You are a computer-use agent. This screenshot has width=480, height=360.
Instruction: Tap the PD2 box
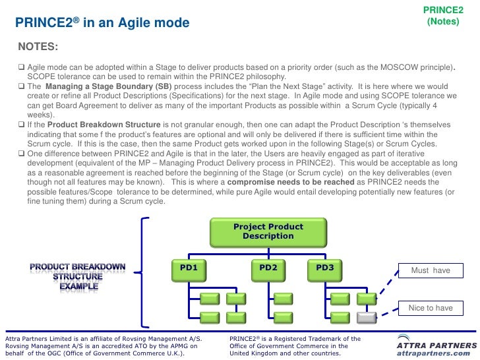(268, 268)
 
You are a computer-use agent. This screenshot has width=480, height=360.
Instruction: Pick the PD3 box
(324, 268)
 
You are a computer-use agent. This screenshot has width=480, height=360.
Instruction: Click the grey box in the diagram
(367, 317)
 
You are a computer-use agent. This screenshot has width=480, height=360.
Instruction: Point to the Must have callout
(431, 270)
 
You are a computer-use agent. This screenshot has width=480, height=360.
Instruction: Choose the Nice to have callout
(431, 308)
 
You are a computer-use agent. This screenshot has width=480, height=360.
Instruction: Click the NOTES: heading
(38, 47)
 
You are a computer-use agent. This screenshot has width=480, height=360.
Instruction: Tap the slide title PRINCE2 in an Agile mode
(102, 24)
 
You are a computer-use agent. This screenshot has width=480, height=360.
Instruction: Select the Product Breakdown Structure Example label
(78, 276)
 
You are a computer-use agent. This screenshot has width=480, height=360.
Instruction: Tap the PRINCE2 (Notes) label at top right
(442, 16)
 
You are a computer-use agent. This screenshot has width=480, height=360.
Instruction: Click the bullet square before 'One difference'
(22, 153)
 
